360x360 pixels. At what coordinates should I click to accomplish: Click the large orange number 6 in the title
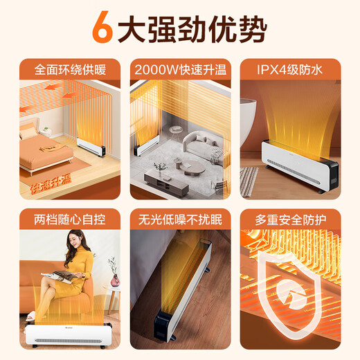pos(102,30)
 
